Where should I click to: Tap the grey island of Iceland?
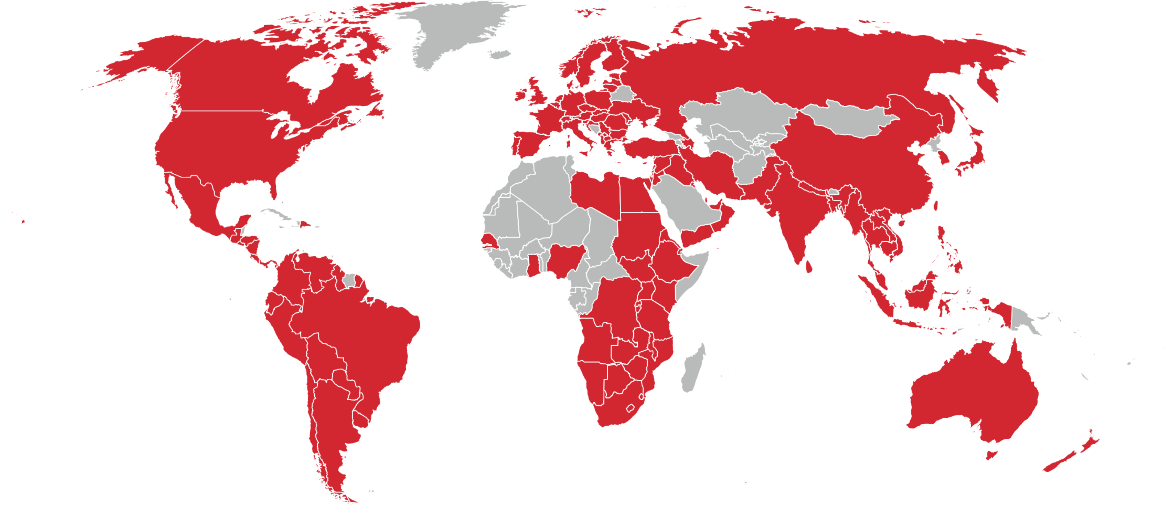click(x=501, y=55)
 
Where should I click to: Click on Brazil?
click(x=360, y=333)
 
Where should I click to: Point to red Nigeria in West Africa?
click(x=565, y=260)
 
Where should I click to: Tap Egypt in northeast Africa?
click(x=638, y=194)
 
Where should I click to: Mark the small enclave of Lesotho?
click(x=630, y=408)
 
